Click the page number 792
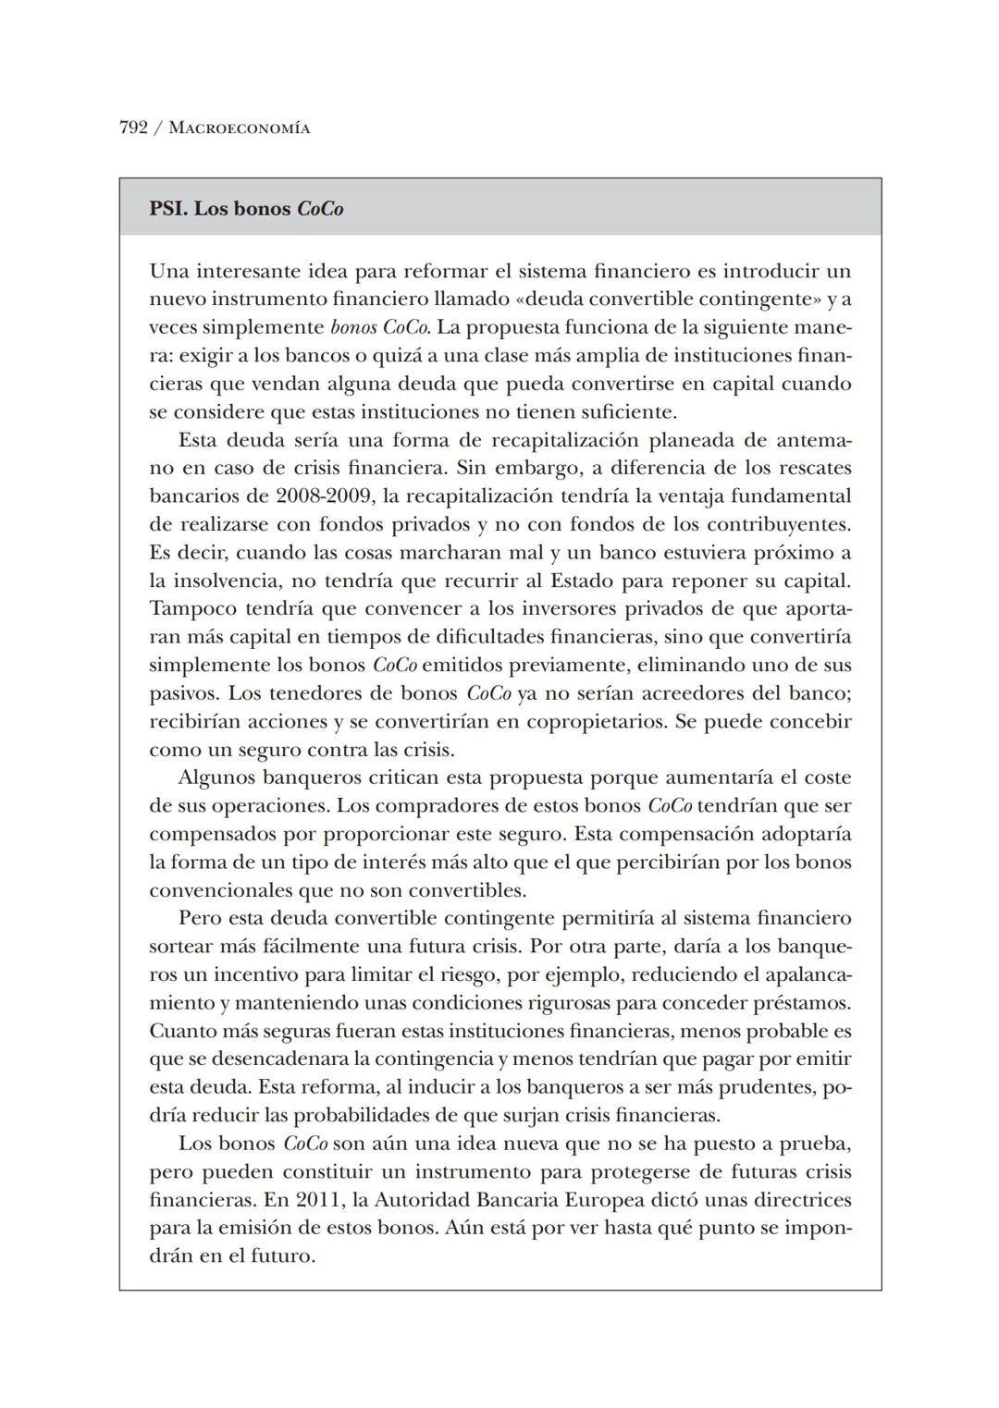click(133, 128)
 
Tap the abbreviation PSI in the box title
click(167, 209)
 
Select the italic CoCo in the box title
click(320, 209)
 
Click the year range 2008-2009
click(324, 496)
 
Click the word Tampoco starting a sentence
click(192, 609)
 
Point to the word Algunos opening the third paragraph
click(216, 778)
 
